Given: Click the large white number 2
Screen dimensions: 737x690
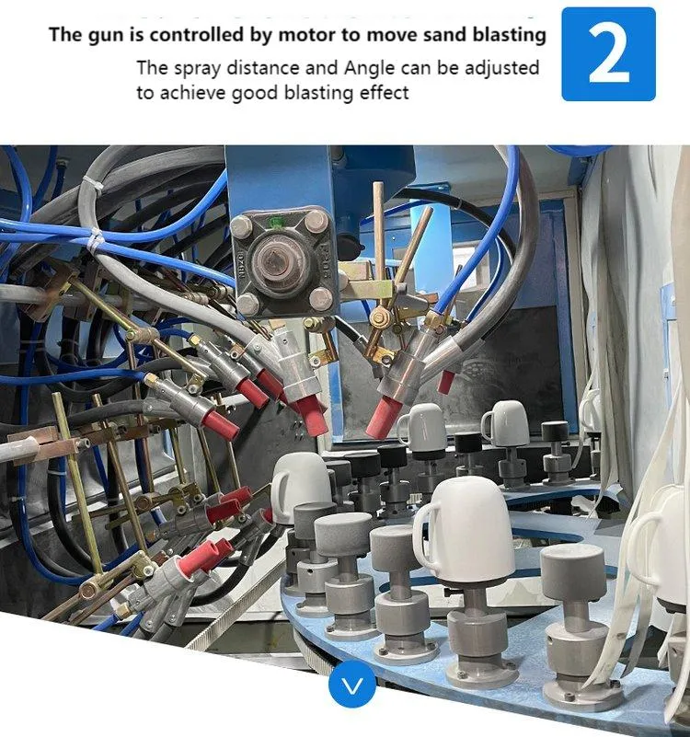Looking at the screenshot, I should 608,53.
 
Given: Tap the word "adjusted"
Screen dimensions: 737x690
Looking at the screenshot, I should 503,68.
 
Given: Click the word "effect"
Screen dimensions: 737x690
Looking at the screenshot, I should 385,92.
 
